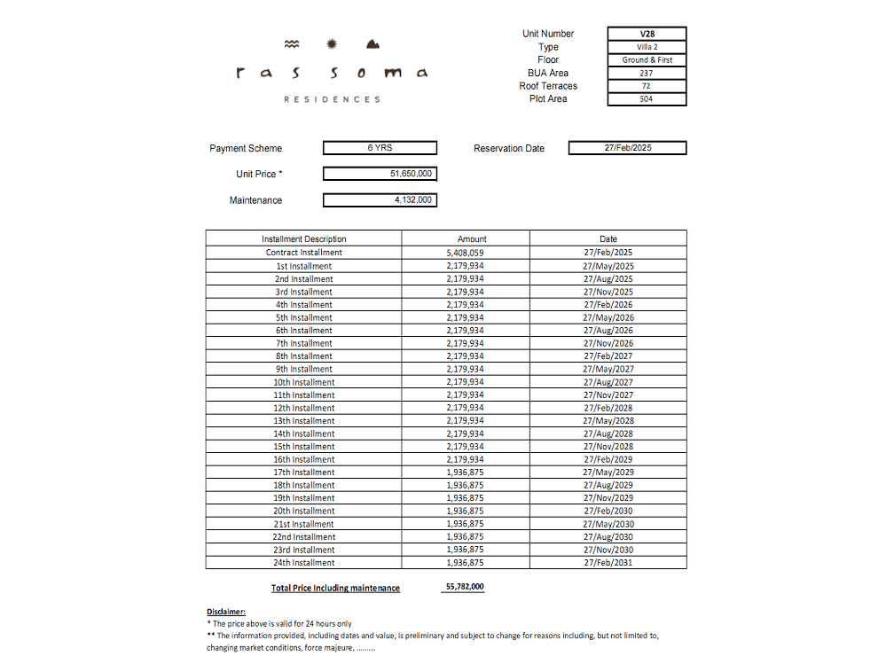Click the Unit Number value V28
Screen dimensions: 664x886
647,34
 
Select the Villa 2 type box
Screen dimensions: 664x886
647,47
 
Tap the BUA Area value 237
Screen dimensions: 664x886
647,73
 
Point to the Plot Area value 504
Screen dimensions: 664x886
647,99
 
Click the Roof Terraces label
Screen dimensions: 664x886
548,86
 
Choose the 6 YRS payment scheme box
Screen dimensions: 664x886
380,148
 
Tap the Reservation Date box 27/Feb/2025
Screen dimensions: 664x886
627,148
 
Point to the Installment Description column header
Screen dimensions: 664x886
303,239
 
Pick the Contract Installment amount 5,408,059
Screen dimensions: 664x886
465,253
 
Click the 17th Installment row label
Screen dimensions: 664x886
303,473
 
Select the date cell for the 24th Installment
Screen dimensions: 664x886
608,563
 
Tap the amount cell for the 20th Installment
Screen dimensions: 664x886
465,512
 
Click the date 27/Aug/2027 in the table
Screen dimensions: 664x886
608,382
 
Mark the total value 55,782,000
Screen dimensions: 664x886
465,587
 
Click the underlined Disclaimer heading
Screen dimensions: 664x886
226,612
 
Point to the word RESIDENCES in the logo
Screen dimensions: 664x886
332,99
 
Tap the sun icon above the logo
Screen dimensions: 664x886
333,43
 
